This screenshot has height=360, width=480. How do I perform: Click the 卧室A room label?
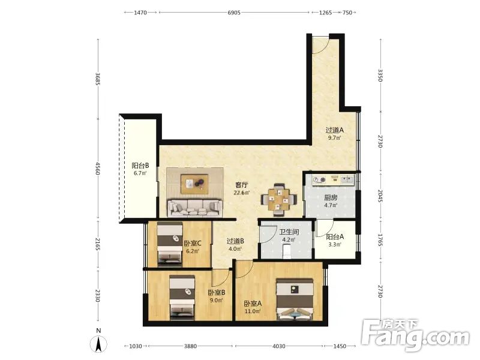click(x=253, y=304)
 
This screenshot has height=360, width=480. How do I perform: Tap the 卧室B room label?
click(x=217, y=293)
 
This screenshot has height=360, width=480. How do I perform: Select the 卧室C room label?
click(x=193, y=244)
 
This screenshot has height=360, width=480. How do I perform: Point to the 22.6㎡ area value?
click(x=242, y=193)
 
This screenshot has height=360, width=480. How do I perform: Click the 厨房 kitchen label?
click(x=331, y=198)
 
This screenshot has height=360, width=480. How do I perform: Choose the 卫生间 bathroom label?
click(x=289, y=232)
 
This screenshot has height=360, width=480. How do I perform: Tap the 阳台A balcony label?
click(x=335, y=236)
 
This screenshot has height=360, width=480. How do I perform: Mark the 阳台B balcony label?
click(x=140, y=166)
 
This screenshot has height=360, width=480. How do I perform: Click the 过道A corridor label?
click(x=334, y=130)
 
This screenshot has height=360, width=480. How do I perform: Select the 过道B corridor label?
click(x=235, y=241)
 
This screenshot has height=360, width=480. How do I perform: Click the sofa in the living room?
click(x=194, y=207)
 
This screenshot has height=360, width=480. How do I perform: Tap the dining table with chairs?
click(x=278, y=199)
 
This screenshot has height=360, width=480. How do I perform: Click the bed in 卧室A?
click(x=295, y=299)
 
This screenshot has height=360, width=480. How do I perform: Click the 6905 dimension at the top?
click(x=234, y=13)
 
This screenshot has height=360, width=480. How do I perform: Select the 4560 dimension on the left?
click(x=98, y=169)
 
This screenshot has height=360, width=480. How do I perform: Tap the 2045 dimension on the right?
click(x=380, y=196)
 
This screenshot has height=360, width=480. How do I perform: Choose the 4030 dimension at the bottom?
click(x=278, y=346)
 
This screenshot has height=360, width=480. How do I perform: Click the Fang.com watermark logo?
click(x=415, y=335)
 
